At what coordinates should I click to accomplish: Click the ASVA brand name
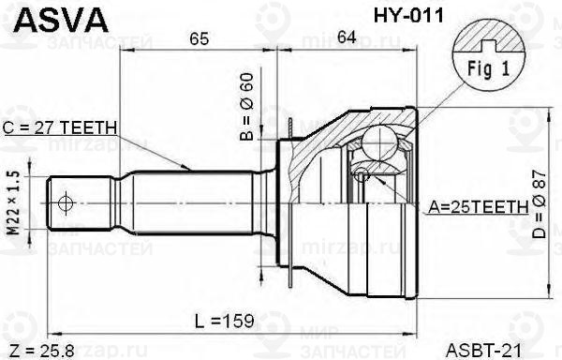[61, 21]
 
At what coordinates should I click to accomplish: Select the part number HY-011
[408, 16]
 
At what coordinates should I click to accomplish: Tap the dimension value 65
[199, 38]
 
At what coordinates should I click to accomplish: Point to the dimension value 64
[347, 37]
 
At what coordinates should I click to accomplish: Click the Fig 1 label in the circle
[488, 68]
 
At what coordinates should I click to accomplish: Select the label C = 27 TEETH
[60, 127]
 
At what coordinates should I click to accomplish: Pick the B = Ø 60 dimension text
[246, 107]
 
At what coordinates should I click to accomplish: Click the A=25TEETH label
[479, 207]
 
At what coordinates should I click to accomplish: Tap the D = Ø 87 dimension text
[539, 204]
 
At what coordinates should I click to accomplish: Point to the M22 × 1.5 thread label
[14, 202]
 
